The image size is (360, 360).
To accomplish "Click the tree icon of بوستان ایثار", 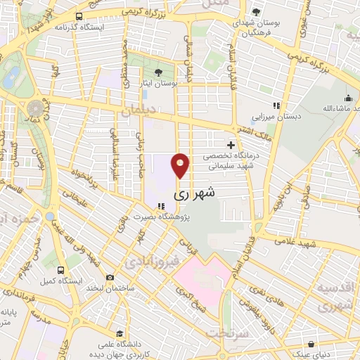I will tap(157, 72).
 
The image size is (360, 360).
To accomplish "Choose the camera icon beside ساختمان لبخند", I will tap(109, 277).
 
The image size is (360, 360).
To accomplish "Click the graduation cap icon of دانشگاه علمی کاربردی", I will tap(120, 335).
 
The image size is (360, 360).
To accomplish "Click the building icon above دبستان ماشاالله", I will tap(347, 98).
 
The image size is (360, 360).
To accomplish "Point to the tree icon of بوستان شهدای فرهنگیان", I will tap(257, 12).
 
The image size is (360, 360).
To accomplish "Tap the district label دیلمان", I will tap(136, 112).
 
